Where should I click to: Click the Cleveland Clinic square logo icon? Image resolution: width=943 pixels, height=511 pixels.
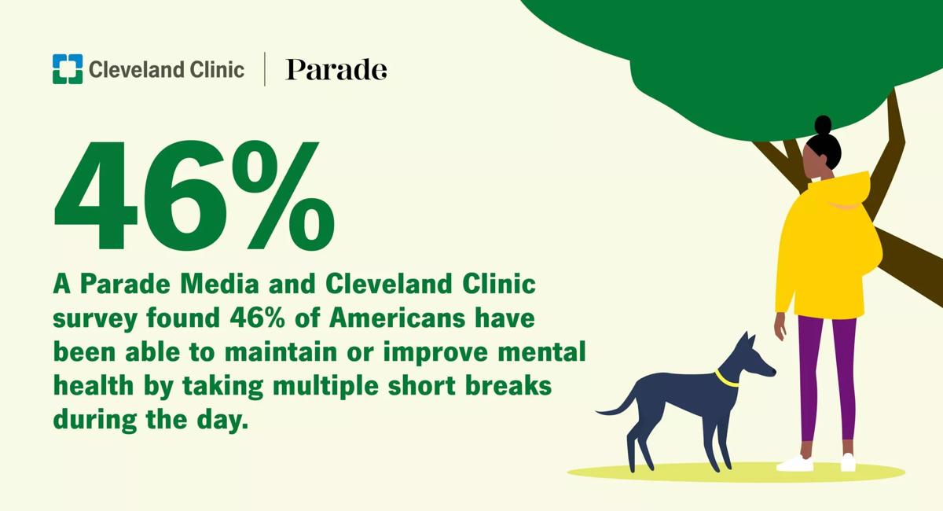[68, 69]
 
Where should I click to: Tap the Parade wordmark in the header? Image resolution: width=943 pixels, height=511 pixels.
[336, 69]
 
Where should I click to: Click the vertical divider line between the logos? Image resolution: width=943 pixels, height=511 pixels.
[264, 69]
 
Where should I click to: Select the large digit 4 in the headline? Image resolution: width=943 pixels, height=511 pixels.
[96, 195]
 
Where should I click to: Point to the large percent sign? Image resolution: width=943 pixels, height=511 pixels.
[281, 195]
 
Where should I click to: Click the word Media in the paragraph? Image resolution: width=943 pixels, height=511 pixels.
[219, 284]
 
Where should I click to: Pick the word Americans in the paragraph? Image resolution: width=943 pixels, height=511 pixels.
[397, 318]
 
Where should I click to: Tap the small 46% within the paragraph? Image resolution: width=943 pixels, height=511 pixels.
[257, 318]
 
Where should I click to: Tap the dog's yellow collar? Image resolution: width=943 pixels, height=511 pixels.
[727, 379]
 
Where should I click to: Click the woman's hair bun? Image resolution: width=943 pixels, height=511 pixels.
[823, 125]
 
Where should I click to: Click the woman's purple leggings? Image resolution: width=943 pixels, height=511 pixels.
[827, 379]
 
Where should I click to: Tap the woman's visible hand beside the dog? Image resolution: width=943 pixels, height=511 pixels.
[780, 327]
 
